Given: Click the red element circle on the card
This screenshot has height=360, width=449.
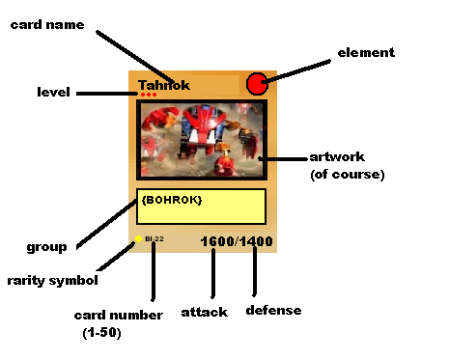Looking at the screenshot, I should pos(257,84).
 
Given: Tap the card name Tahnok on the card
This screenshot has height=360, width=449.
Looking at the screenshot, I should pos(164,85).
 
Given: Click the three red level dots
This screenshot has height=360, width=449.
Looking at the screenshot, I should pos(148,95).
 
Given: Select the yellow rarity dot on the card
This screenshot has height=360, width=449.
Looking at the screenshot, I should pos(139,238).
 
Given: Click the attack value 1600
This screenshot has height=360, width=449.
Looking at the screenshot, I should pos(219,240).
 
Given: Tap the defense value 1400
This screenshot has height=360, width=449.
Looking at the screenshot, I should pos(256,240).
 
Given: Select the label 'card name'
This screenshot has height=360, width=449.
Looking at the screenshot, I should pos(47,24).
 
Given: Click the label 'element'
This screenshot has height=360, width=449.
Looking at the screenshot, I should pos(366,52).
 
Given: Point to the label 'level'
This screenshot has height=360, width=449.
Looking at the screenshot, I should pos(53,92).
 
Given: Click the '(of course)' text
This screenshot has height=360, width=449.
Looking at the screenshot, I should pos(348,175).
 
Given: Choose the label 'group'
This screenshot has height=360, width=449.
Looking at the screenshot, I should pos(47,246).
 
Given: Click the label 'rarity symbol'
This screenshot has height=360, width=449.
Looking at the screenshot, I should pos(53,281).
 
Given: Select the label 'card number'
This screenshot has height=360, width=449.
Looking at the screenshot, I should pos(113,315).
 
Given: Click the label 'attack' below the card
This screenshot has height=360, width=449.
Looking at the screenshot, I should pos(204,312).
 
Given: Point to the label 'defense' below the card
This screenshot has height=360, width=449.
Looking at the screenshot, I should pos(273,311).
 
